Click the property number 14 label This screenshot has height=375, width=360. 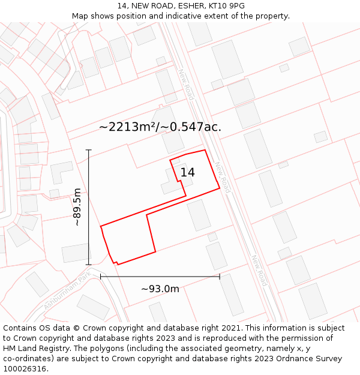tap(187, 172)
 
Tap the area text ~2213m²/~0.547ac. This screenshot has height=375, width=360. tap(160, 127)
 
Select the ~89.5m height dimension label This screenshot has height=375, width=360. tap(77, 206)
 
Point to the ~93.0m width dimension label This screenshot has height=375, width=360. tap(160, 289)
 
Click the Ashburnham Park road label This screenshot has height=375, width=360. tap(67, 290)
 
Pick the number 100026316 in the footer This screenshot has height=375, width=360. tap(25, 368)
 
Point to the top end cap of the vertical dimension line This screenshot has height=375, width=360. tap(89, 150)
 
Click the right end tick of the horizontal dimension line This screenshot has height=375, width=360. tap(220, 276)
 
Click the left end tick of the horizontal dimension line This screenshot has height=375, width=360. tap(101, 276)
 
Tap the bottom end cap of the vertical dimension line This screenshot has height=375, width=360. tap(89, 264)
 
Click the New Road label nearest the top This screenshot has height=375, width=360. tap(186, 84)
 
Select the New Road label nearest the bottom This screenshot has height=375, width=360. tap(259, 271)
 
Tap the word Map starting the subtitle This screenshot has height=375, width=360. tap(81, 16)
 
